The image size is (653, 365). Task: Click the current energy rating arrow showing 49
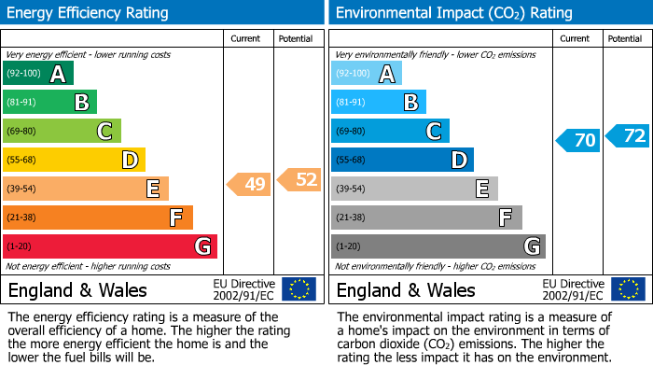[250, 185]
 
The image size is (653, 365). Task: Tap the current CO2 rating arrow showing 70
[579, 141]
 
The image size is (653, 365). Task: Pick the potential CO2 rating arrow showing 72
[629, 136]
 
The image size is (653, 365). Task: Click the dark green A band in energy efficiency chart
[38, 74]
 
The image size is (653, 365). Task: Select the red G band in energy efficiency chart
[110, 246]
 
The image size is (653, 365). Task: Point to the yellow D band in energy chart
[74, 160]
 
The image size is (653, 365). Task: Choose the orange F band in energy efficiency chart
[98, 218]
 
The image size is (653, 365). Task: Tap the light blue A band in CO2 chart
[367, 74]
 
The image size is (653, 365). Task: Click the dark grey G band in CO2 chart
[438, 246]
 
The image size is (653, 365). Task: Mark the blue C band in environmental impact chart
[390, 132]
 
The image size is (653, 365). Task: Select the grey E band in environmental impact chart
[414, 189]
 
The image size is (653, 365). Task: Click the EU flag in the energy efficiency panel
[299, 289]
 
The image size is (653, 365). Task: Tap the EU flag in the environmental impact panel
[627, 289]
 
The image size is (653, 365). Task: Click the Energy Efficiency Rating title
[89, 13]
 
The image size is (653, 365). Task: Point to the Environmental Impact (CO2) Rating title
[452, 13]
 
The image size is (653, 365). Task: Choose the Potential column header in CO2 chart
[624, 38]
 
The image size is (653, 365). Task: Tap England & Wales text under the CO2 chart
[406, 289]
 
